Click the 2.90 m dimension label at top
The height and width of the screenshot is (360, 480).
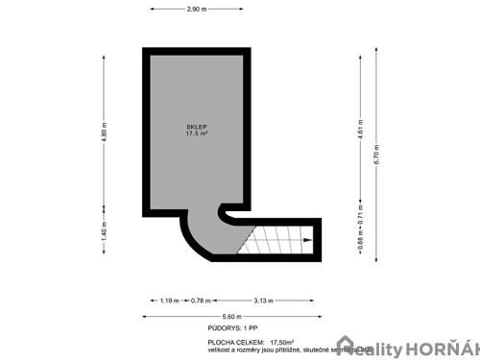(199, 9)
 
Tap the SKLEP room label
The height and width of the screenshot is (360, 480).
(198, 127)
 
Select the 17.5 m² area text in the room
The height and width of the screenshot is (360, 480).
(198, 134)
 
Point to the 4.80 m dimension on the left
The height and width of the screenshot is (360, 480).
(103, 131)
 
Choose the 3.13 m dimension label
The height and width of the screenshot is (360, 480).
(261, 300)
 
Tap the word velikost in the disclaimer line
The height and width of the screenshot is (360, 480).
(205, 349)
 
